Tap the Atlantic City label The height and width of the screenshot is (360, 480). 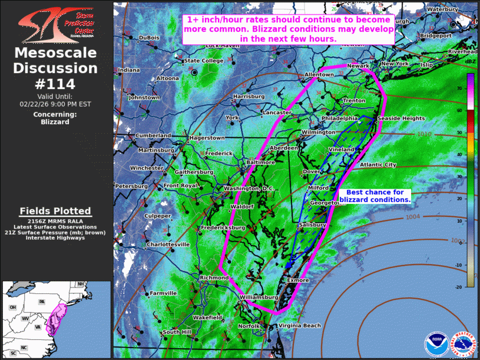click(x=378, y=165)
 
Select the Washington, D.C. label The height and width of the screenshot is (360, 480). click(x=250, y=189)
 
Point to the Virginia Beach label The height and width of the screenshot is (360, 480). click(x=300, y=326)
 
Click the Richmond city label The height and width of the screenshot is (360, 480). click(x=214, y=278)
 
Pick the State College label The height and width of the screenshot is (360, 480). click(x=204, y=61)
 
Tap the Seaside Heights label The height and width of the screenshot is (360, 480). click(x=401, y=118)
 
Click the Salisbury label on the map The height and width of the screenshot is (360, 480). click(x=312, y=226)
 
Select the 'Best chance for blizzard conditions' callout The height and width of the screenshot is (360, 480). click(x=375, y=196)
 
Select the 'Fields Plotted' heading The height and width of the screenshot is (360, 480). click(x=55, y=211)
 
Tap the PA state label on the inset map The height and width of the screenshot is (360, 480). click(x=41, y=302)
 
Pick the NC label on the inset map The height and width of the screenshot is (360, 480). click(x=24, y=348)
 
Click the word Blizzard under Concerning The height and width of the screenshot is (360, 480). click(x=55, y=122)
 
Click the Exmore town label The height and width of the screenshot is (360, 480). click(x=298, y=280)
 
